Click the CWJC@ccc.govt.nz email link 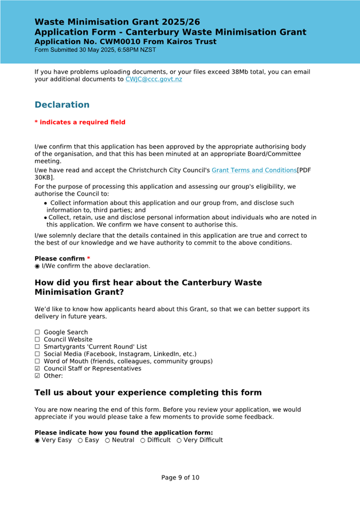click(154, 79)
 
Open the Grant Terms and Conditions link click(254, 170)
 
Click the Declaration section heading click(62, 104)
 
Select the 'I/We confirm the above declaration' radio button click(37, 266)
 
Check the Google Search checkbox click(37, 333)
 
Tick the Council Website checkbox click(37, 340)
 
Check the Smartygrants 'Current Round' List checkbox click(37, 347)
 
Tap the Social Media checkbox click(37, 354)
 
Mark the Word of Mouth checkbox click(37, 361)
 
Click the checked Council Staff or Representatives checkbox click(37, 369)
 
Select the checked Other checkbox click(37, 376)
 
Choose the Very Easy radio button click(37, 440)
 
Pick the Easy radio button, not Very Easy click(80, 440)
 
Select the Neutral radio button click(108, 440)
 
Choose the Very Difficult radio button click(179, 440)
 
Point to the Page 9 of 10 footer click(180, 478)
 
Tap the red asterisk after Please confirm click(89, 258)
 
